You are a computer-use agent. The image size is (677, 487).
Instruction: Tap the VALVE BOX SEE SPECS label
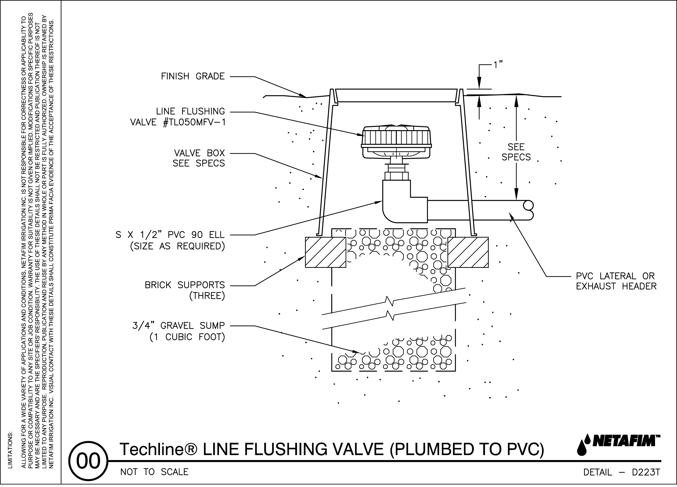click(199, 158)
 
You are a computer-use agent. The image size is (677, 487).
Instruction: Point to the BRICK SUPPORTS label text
click(184, 285)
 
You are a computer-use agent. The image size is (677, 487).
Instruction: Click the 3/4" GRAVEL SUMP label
click(178, 326)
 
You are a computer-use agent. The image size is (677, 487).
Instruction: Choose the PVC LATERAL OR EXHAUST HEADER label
click(616, 281)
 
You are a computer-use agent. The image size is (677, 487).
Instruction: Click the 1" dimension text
click(498, 65)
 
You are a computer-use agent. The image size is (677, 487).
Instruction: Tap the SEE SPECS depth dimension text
click(516, 152)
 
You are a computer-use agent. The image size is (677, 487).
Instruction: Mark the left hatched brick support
click(325, 252)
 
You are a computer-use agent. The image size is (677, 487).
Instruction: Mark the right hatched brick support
click(468, 252)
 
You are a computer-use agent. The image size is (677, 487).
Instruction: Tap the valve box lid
click(396, 95)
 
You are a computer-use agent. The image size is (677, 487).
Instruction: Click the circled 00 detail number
click(88, 461)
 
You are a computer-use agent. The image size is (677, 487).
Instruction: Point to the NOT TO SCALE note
click(154, 472)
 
